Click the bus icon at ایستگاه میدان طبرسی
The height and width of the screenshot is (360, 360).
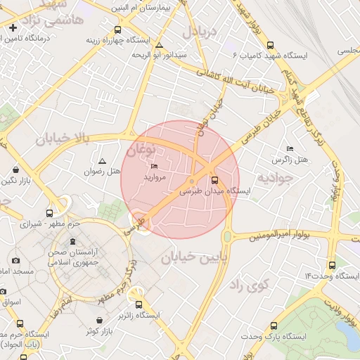[214, 180]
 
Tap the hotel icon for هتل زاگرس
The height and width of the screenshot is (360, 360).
[290, 149]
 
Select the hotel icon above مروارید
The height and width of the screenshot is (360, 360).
[155, 167]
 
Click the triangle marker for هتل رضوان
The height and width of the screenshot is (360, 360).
[103, 161]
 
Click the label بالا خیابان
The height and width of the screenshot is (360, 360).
[63, 139]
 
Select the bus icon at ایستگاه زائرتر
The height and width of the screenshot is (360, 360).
[139, 304]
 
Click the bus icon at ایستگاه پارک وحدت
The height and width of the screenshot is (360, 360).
[274, 326]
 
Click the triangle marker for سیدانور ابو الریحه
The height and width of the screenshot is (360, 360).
[160, 45]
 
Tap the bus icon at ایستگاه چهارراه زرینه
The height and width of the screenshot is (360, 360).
[117, 30]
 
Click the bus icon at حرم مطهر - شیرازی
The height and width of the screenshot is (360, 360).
[49, 213]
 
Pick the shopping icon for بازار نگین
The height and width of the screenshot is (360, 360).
[16, 170]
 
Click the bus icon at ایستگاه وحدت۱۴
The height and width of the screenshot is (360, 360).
[332, 265]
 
